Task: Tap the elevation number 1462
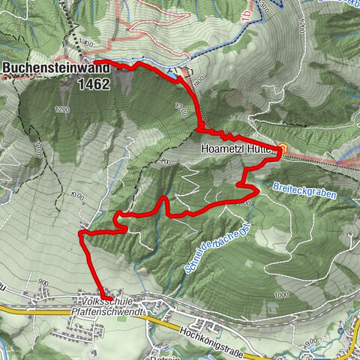(93, 85)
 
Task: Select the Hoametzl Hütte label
(237, 148)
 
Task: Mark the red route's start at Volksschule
(111, 299)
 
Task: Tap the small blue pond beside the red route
(173, 76)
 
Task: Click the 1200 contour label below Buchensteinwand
(61, 109)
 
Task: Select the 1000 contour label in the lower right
(281, 295)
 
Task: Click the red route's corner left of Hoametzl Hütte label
(199, 130)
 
